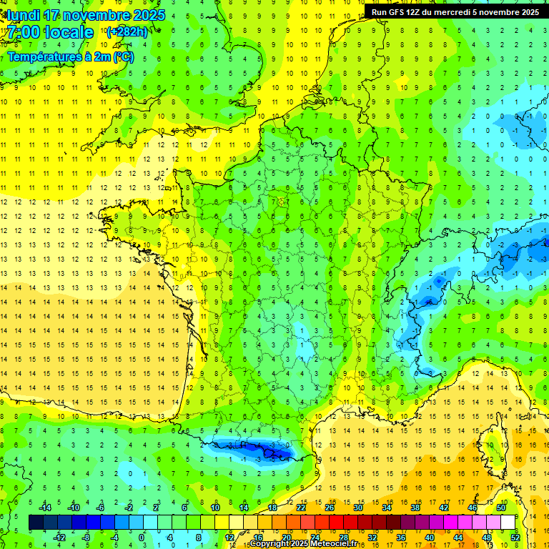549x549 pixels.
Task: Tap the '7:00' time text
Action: tap(23, 32)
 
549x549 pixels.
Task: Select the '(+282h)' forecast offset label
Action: tap(127, 32)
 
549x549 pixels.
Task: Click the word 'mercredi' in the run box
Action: tap(465, 11)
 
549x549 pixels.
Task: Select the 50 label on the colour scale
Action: tap(500, 508)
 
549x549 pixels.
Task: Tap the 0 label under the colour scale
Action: tap(141, 538)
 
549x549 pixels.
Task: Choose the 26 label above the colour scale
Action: tap(330, 508)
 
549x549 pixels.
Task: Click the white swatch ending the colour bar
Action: tap(508, 523)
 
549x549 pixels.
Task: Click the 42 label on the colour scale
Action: tap(443, 508)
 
